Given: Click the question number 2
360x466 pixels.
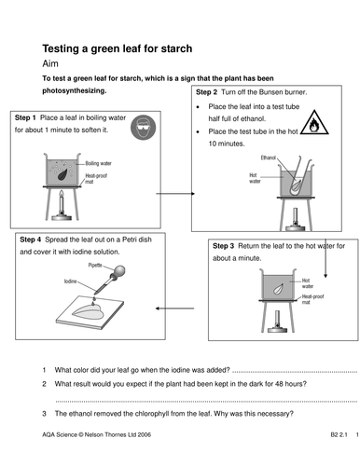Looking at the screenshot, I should [44, 383].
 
